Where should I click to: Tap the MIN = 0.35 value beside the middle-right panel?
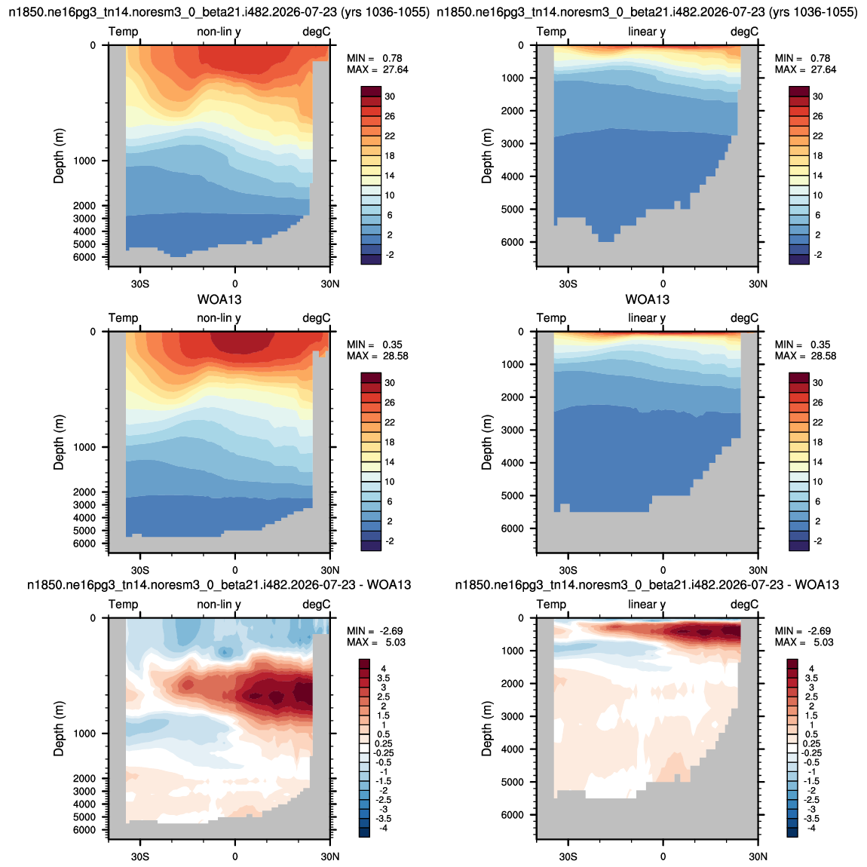pos(802,345)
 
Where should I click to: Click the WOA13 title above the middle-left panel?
pos(219,300)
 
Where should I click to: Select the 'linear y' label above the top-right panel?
pos(647,32)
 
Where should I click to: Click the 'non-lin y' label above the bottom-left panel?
pos(219,605)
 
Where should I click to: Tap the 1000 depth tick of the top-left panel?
pos(84,161)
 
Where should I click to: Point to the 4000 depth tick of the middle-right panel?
pos(513,463)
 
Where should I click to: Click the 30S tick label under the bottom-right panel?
pos(568,856)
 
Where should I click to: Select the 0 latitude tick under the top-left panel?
pos(235,283)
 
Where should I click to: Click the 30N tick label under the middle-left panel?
pos(330,570)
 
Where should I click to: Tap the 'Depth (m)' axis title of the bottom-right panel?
pos(486,729)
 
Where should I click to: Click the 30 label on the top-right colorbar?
pos(818,97)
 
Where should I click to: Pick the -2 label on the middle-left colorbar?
pos(390,541)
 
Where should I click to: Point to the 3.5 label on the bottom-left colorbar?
pos(383,678)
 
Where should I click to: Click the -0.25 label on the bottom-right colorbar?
pos(811,753)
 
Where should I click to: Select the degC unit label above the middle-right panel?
pos(744,318)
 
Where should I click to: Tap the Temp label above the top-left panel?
pos(124,32)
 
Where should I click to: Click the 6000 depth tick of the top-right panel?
pos(513,242)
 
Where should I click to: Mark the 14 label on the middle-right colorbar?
pos(818,461)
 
